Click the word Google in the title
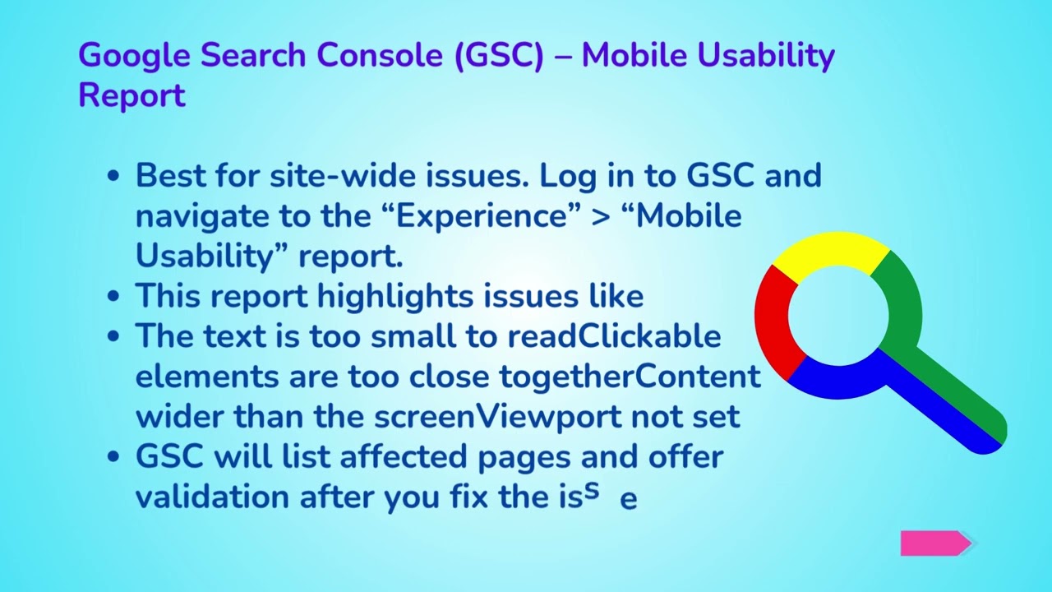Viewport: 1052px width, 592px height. click(x=135, y=56)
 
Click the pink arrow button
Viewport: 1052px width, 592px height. click(x=935, y=543)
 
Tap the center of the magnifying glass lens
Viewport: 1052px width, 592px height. click(x=838, y=317)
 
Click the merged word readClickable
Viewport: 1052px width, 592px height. click(x=614, y=336)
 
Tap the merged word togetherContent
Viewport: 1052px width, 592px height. click(x=630, y=376)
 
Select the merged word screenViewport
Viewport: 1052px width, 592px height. click(x=498, y=416)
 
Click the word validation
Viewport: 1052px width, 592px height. click(x=213, y=497)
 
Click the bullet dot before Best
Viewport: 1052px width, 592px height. click(x=114, y=176)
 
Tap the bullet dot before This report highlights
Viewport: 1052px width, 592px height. click(x=114, y=296)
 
